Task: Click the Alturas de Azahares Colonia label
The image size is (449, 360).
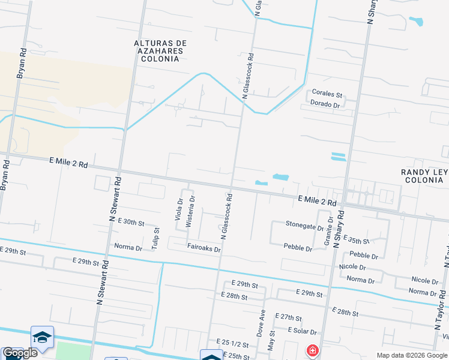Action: tap(160, 51)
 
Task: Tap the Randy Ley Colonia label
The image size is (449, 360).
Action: tap(424, 176)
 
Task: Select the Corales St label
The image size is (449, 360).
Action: tap(327, 95)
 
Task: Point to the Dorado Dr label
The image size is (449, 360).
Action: tap(325, 104)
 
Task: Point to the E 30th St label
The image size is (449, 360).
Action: tap(131, 222)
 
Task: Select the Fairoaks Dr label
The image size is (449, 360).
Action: tap(204, 248)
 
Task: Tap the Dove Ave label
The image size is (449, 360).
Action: tap(262, 323)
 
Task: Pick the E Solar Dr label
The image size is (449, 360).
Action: tap(302, 331)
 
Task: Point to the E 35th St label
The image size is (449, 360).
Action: tap(358, 241)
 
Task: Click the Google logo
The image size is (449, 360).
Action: tap(20, 353)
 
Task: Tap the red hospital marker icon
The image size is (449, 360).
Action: tap(312, 350)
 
